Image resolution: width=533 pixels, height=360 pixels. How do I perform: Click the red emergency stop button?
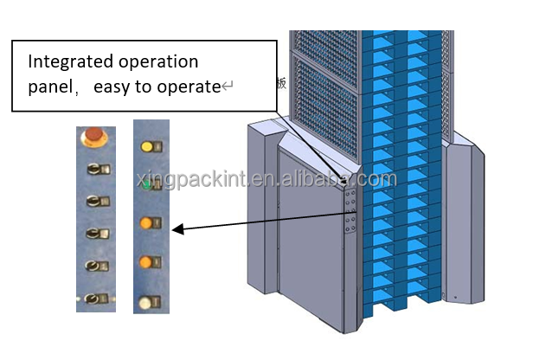[92, 137]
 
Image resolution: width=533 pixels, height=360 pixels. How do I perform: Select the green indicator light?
[148, 184]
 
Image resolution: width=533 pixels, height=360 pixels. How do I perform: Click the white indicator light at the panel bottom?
[147, 303]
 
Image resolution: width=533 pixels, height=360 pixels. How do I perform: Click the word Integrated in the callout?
[68, 62]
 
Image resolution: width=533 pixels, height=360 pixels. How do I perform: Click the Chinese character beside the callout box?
[279, 84]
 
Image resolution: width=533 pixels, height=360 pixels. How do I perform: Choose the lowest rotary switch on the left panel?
[95, 299]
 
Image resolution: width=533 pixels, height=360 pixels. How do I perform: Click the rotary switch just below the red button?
[95, 169]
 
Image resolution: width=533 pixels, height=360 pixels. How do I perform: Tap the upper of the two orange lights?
[147, 224]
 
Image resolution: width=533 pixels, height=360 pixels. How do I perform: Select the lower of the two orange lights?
[147, 261]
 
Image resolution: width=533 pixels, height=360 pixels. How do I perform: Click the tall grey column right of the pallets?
[463, 225]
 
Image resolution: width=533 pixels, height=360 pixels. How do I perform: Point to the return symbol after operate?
[227, 87]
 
